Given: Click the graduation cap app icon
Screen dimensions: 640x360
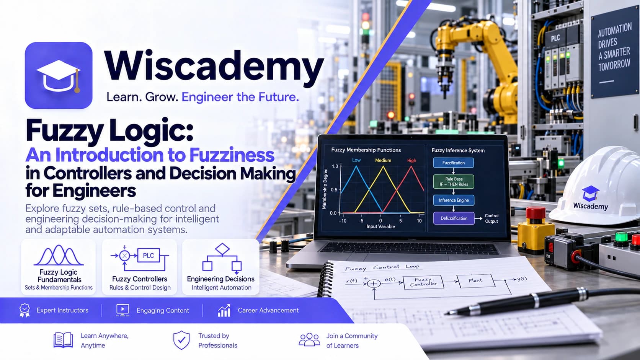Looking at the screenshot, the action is (x=59, y=75).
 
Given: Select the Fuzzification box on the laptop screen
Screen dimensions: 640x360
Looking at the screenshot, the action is (x=454, y=163).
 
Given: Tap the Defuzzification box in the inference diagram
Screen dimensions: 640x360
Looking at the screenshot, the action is (x=454, y=218).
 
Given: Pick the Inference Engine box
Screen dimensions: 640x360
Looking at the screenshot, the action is (x=454, y=200).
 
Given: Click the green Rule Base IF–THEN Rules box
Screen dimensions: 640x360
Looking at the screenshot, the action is (x=454, y=182).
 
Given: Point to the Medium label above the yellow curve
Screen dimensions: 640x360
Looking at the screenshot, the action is (x=383, y=160).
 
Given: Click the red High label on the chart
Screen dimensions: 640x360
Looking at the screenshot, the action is (x=411, y=160).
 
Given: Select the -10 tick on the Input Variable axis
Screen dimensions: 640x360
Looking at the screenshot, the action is (x=342, y=221).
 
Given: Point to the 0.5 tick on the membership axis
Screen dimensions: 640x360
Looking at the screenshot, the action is (x=334, y=189).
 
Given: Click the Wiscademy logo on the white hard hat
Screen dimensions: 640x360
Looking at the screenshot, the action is (x=590, y=198).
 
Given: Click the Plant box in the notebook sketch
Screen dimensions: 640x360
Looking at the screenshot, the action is (x=475, y=281).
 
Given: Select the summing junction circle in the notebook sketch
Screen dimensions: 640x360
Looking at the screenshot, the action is (x=373, y=283).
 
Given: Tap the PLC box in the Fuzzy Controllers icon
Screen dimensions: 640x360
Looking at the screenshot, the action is (x=148, y=255).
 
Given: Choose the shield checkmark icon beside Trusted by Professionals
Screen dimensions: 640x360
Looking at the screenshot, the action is (x=181, y=340).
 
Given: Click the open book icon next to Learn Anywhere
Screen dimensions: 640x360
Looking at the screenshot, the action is (x=63, y=340).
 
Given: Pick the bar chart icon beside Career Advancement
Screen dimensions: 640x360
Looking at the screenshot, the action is (x=224, y=310).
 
